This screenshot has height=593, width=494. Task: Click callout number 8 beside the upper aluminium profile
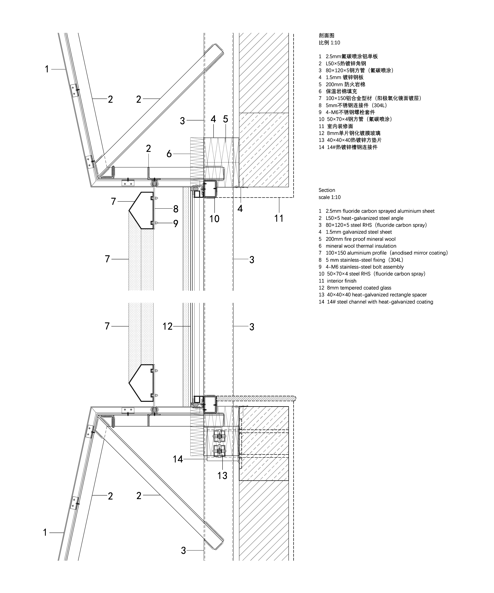pos(176,209)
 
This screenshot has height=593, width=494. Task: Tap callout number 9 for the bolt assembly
pos(176,223)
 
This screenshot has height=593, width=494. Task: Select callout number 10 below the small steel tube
pos(214,219)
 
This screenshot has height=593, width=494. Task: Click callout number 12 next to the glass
pos(167,327)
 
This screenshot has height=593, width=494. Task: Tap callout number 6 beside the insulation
pos(169,154)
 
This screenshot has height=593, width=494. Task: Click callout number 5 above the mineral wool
pos(225,119)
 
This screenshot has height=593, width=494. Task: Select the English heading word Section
pos(327,190)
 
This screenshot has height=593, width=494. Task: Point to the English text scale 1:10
pos(329,197)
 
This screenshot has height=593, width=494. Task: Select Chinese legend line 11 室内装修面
pos(336,126)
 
